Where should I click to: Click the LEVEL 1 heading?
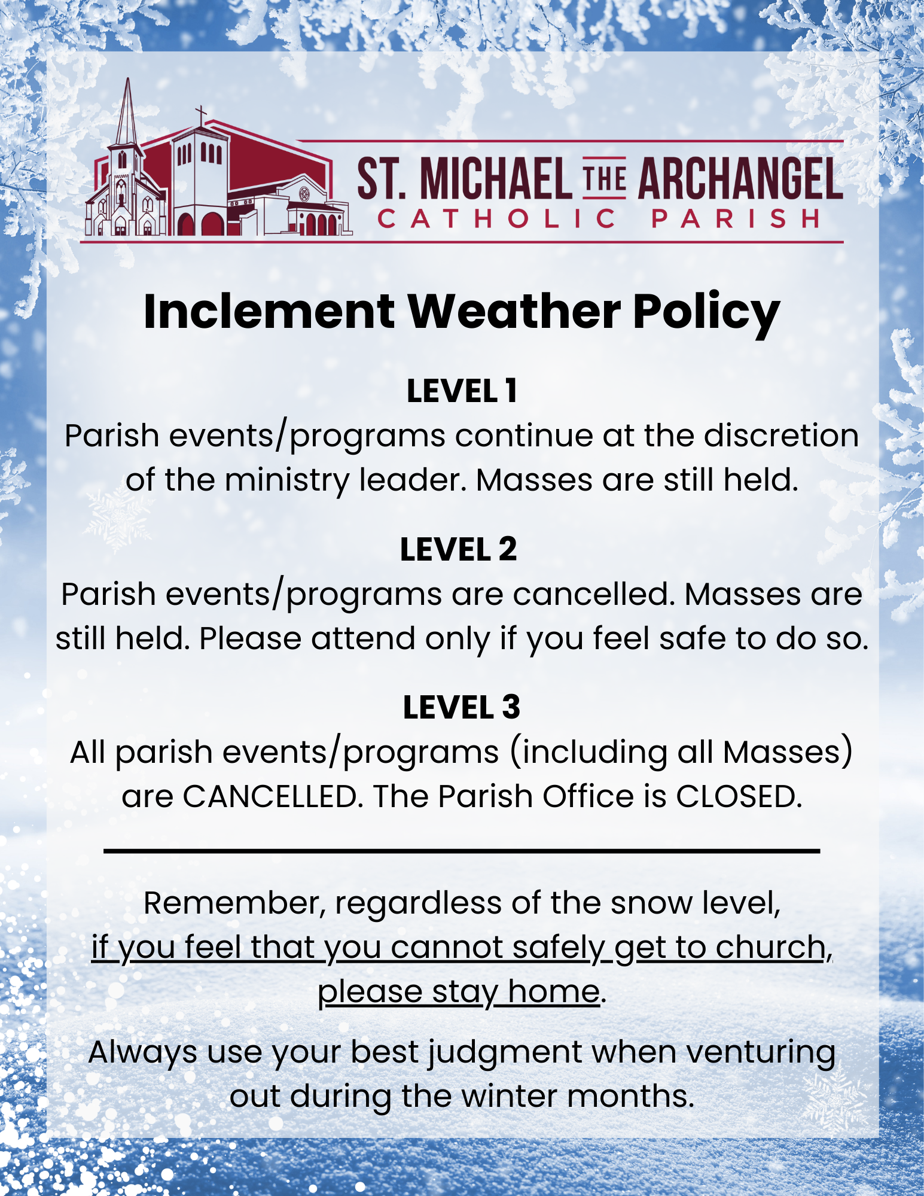[462, 391]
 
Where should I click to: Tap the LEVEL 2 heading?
[459, 549]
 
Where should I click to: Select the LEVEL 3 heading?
[462, 707]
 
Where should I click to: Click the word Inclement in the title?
[269, 311]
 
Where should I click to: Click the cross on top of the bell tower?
[202, 114]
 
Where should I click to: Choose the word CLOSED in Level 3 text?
[739, 796]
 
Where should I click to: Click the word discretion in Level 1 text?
[781, 436]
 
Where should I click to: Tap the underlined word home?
[554, 991]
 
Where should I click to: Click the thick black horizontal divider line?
[462, 850]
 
